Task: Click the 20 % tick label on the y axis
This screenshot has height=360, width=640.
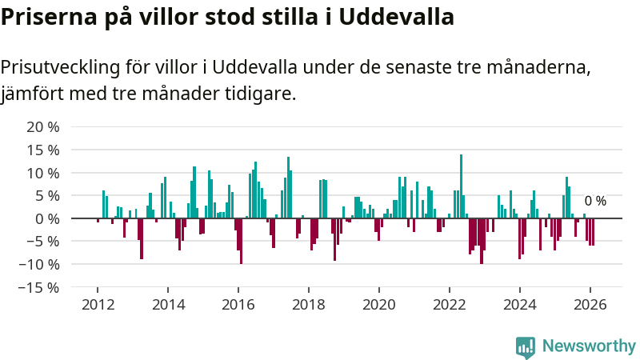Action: [43, 127]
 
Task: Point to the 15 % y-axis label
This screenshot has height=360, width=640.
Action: [43, 150]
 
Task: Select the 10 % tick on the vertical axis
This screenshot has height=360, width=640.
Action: [43, 174]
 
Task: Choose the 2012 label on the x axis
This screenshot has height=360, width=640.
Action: [98, 305]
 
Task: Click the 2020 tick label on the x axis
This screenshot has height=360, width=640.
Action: [379, 305]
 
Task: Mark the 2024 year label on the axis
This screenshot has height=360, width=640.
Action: [520, 305]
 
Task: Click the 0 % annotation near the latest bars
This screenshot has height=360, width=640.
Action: [595, 202]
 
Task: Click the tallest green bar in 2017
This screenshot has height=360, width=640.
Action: [288, 187]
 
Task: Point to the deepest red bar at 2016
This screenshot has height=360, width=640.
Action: [241, 241]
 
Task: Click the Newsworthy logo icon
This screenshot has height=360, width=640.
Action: [526, 346]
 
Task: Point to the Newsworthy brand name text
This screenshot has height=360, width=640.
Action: [589, 346]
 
